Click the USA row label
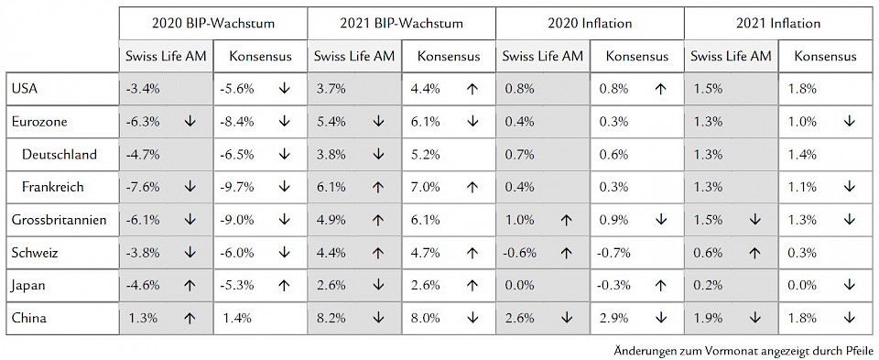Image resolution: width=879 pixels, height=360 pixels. coord(24,88)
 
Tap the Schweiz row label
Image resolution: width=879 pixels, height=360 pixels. coord(35,253)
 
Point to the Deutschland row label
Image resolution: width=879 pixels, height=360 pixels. coord(60,154)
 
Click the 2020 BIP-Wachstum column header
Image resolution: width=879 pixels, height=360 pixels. coord(212,22)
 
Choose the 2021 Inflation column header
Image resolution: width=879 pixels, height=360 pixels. coord(776,22)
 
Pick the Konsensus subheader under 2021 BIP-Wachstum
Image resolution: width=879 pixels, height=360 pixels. coord(448,57)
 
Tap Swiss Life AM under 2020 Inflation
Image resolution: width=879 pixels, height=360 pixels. coord(542,57)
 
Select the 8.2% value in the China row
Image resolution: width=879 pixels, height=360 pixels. coord(331,319)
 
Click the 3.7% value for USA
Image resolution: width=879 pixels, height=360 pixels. coord(331,89)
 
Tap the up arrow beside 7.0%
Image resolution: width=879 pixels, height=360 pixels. coord(472,187)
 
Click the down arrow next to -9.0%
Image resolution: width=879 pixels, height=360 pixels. coord(284,220)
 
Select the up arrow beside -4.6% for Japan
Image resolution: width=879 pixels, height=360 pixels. coord(190,286)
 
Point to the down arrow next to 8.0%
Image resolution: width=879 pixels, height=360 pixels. coord(472,319)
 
